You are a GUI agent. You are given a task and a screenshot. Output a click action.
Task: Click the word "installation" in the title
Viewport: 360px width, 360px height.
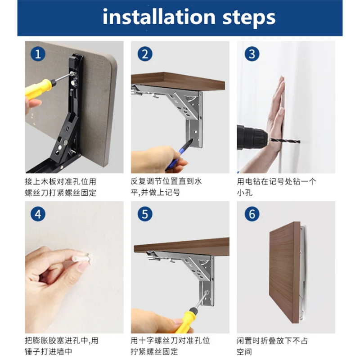[x=159, y=17]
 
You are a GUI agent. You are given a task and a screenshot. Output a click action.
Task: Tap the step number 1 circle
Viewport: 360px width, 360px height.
[x=38, y=54]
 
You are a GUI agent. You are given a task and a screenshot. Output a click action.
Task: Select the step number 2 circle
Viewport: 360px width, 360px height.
[x=145, y=54]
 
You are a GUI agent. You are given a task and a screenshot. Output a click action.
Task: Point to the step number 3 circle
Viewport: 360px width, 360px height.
[x=252, y=54]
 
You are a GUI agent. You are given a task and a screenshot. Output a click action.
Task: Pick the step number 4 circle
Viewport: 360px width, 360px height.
[x=38, y=214]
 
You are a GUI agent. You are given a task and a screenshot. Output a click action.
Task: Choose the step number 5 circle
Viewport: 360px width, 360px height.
[x=145, y=214]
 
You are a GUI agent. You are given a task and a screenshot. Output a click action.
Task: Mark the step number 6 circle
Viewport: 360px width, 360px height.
[x=252, y=214]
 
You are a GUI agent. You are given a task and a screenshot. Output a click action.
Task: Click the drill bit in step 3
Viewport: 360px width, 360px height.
[x=285, y=140]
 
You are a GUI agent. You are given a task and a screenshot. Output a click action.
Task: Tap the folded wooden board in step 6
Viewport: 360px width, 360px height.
[x=285, y=272]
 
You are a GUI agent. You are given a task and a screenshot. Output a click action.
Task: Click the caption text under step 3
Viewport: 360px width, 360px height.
[x=276, y=187]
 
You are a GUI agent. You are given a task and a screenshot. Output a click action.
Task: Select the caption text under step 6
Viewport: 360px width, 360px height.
[x=272, y=346]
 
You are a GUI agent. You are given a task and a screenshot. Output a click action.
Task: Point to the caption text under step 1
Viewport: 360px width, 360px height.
[x=61, y=187]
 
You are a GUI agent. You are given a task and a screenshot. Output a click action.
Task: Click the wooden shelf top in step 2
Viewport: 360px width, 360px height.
[x=178, y=81]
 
